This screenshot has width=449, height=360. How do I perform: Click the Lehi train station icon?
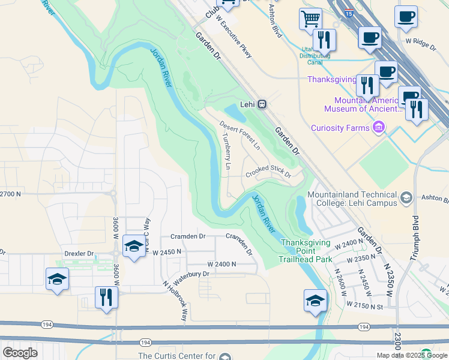(x=262, y=104)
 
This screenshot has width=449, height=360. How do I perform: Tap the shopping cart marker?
(x=310, y=19)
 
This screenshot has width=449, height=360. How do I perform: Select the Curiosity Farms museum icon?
(x=378, y=127)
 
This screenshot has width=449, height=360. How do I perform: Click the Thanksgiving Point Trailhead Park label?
(x=306, y=251)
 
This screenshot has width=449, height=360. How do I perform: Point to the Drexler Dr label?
(x=79, y=254)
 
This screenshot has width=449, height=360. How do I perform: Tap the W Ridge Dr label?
(x=421, y=41)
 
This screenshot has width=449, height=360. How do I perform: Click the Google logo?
(x=20, y=353)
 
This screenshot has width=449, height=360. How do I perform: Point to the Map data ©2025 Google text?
(x=412, y=355)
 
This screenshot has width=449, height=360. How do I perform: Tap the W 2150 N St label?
(x=364, y=305)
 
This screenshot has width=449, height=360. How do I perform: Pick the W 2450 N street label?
(x=167, y=253)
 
